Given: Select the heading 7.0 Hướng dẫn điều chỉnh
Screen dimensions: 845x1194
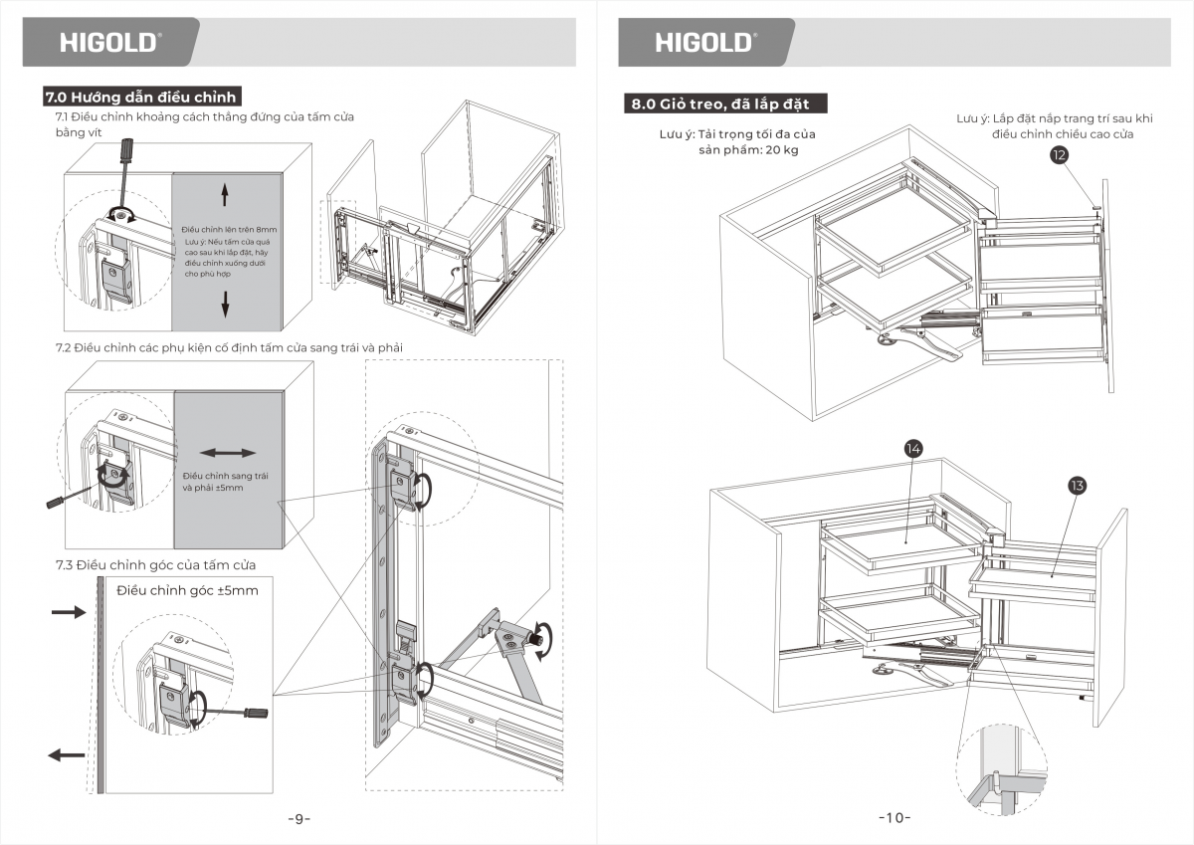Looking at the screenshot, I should (141, 97).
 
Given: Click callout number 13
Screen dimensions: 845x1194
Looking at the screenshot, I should (1076, 486).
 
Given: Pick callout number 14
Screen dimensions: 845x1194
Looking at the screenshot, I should (912, 448).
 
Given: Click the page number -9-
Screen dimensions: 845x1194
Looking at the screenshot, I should (298, 819).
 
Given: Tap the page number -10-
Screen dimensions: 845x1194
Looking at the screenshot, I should (895, 818).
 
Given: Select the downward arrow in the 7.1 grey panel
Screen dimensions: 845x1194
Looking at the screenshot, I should (225, 304).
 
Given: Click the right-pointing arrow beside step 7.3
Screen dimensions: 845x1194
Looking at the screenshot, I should (69, 613).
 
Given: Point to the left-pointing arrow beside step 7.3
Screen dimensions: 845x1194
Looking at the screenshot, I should (67, 755).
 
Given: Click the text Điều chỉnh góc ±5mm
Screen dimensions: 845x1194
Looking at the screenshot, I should (187, 590).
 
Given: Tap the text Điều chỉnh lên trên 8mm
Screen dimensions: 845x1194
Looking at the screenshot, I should (228, 230).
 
